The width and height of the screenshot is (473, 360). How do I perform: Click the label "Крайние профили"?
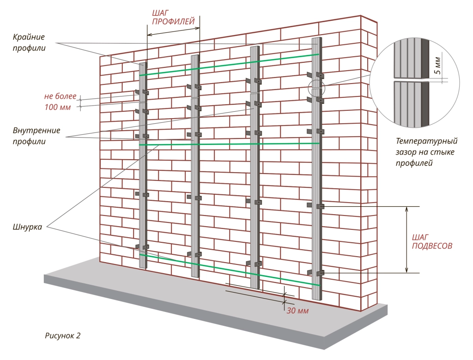click(29, 42)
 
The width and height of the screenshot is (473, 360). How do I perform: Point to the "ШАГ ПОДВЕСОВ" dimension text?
click(431, 242)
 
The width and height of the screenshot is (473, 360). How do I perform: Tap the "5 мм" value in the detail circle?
click(439, 66)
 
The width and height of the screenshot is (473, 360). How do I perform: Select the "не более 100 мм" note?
click(58, 102)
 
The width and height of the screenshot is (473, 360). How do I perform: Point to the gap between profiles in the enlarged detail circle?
click(411, 79)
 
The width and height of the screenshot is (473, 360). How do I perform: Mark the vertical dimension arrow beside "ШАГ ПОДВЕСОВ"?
click(407, 240)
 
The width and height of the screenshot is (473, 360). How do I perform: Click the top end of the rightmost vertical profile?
click(316, 40)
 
